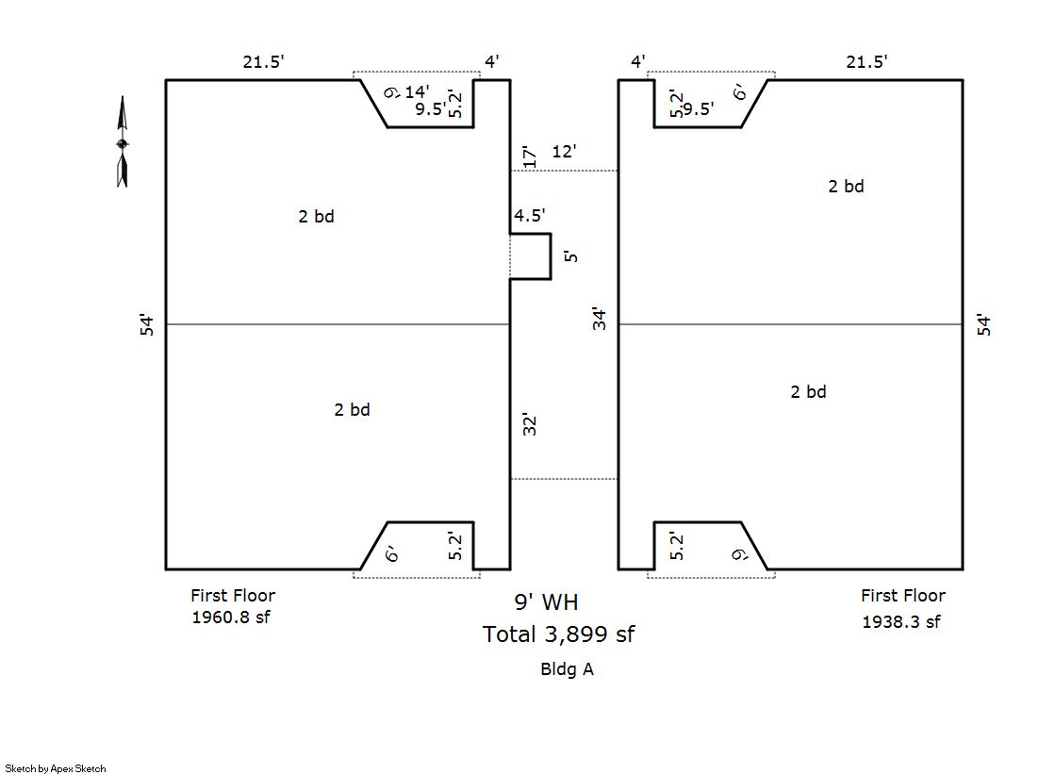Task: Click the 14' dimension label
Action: [x=417, y=91]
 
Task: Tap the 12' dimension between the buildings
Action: [x=564, y=151]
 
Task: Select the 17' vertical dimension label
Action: [x=529, y=156]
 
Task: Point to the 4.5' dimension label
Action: [x=529, y=217]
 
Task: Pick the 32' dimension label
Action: [x=529, y=424]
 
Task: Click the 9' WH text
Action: [x=546, y=601]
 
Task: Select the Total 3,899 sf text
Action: [x=558, y=634]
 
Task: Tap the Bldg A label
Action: [x=566, y=669]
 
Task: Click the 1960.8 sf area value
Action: [x=230, y=618]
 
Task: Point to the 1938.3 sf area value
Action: [x=900, y=622]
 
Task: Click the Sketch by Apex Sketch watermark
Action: [x=56, y=768]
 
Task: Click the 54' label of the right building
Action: [x=985, y=325]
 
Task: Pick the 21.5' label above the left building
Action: [x=263, y=62]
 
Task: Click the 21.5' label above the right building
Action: [x=866, y=62]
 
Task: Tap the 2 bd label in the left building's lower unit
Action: [x=352, y=410]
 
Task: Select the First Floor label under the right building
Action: [x=902, y=596]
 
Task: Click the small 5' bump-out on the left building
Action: [x=531, y=256]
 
